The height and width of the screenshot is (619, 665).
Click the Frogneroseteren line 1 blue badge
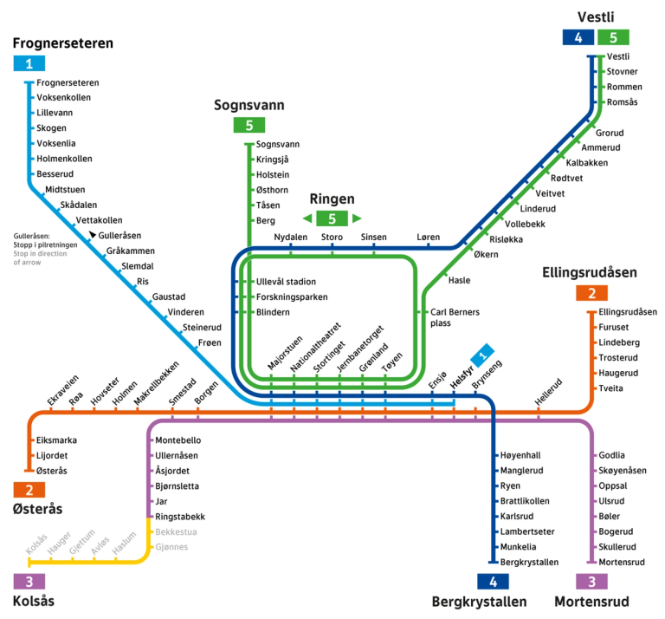pyautogui.click(x=29, y=63)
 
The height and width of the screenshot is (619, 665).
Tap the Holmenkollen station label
pyautogui.click(x=64, y=159)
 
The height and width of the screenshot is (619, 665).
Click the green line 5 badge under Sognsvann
pyautogui.click(x=249, y=125)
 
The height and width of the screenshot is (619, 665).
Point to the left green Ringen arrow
pyautogui.click(x=307, y=218)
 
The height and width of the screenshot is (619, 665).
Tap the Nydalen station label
pyautogui.click(x=290, y=237)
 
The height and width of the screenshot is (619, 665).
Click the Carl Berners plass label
pyautogui.click(x=455, y=316)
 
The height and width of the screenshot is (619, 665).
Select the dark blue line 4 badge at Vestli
pyautogui.click(x=578, y=37)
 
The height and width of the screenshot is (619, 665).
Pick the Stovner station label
pyautogui.click(x=622, y=72)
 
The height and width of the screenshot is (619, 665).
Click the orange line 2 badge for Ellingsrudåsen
pyautogui.click(x=591, y=293)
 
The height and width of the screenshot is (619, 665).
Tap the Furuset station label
pyautogui.click(x=616, y=328)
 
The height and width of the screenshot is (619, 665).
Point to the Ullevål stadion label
pyautogui.click(x=286, y=282)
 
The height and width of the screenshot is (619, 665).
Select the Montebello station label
pyautogui.click(x=178, y=440)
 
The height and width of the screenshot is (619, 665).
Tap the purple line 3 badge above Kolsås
pyautogui.click(x=29, y=582)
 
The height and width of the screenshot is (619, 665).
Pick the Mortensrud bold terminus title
pyautogui.click(x=591, y=602)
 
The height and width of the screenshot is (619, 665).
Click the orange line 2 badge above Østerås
pyautogui.click(x=29, y=490)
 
